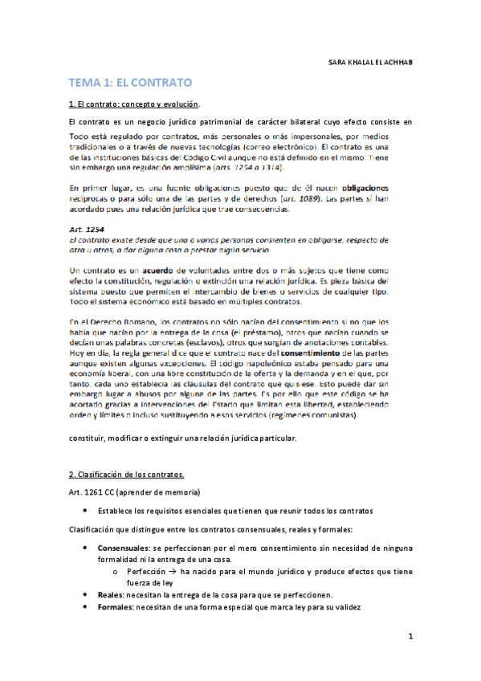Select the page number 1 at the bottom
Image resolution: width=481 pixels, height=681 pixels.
pyautogui.click(x=410, y=638)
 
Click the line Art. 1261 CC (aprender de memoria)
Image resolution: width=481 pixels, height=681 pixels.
pyautogui.click(x=134, y=491)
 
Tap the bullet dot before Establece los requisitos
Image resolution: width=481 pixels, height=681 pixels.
pyautogui.click(x=87, y=510)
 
